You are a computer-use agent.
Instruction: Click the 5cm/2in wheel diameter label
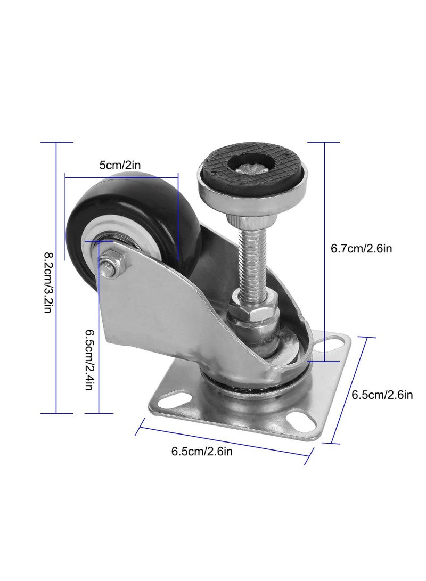(x=120, y=165)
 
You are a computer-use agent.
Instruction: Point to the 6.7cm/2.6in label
(x=361, y=249)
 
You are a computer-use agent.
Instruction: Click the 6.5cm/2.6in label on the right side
(x=382, y=395)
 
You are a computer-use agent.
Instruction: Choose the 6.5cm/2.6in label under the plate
(x=201, y=452)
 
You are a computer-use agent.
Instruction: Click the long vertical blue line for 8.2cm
(x=56, y=277)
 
